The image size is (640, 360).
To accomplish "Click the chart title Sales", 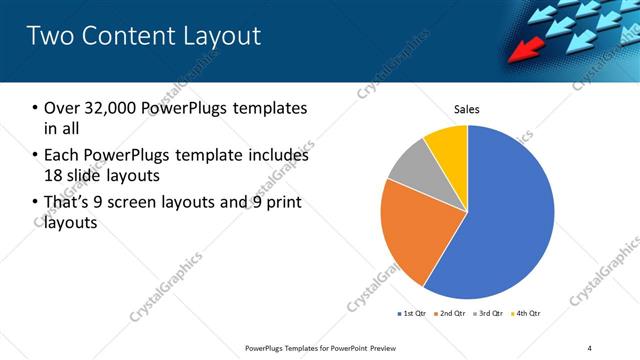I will pos(467,108).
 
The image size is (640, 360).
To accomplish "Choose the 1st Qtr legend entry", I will pos(411,314).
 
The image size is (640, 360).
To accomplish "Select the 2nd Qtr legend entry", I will pos(451,314).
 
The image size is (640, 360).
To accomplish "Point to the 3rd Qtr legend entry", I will pos(489,314).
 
